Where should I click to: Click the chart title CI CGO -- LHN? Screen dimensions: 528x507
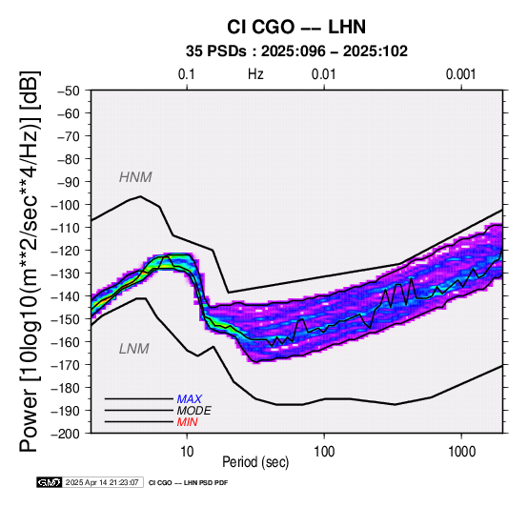click(296, 27)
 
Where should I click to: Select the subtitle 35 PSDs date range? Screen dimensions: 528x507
click(296, 51)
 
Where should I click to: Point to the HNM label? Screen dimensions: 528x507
click(135, 177)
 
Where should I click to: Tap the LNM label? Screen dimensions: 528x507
click(134, 349)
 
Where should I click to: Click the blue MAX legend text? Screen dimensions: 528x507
click(190, 399)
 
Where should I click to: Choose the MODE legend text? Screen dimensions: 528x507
click(194, 411)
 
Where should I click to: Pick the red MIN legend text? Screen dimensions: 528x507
click(187, 422)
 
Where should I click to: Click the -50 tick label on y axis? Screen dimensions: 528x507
click(69, 91)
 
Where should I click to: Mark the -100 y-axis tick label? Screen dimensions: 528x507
click(66, 205)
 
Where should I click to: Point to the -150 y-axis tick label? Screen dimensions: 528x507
click(66, 319)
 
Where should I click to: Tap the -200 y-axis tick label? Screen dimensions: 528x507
click(66, 434)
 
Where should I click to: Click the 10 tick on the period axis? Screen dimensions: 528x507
click(187, 452)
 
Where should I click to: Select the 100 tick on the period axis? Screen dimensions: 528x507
click(324, 452)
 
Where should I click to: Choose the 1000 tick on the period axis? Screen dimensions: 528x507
click(461, 452)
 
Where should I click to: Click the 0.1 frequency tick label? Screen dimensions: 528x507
click(187, 74)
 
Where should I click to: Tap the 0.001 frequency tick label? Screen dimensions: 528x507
click(460, 74)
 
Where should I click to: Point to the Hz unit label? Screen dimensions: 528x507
click(255, 74)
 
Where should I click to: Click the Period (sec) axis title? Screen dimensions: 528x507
click(255, 462)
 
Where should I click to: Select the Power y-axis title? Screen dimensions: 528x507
click(30, 261)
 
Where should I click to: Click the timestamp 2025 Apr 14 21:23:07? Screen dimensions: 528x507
click(102, 483)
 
